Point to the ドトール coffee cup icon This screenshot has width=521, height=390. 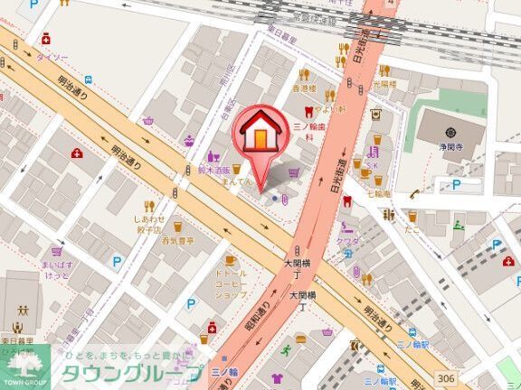(230, 258)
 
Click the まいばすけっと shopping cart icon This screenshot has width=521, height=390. (57, 251)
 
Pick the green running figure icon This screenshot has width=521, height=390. (287, 348)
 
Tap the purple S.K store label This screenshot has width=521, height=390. (372, 166)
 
